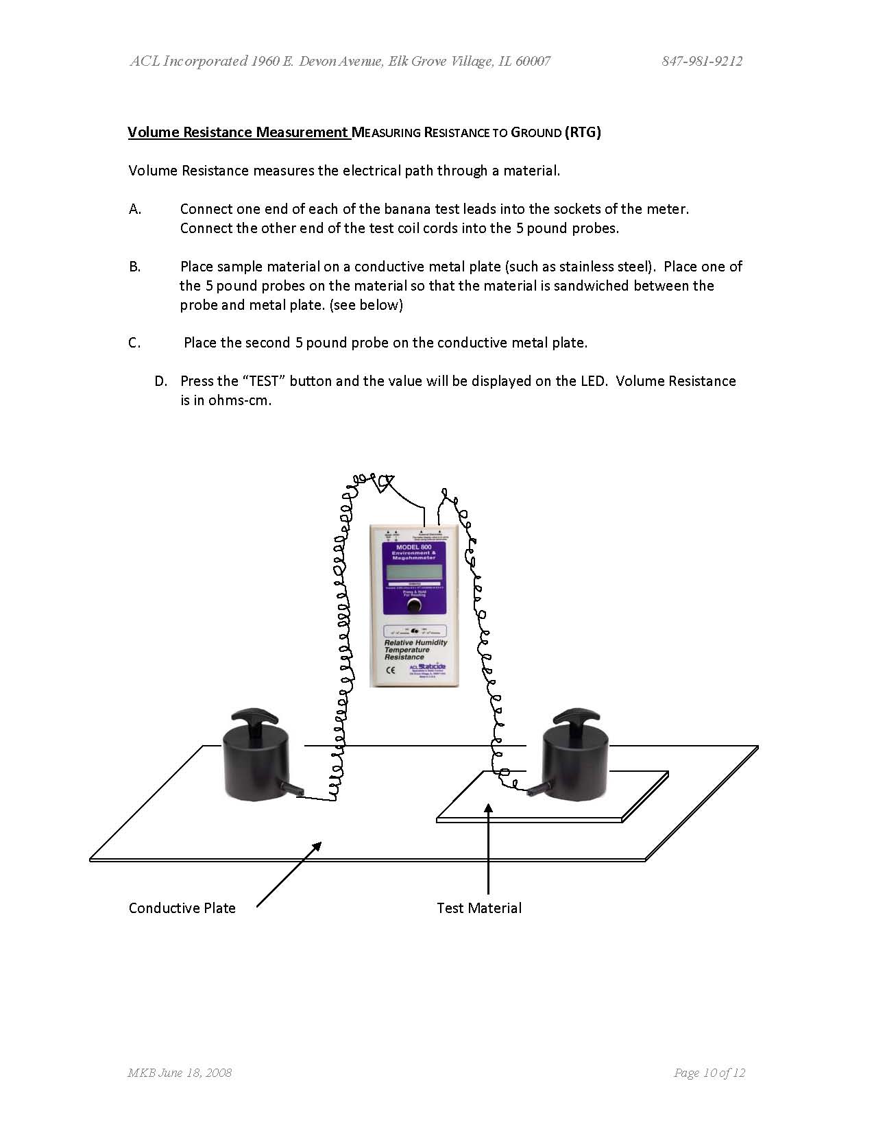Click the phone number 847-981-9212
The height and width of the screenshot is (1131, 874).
click(x=702, y=61)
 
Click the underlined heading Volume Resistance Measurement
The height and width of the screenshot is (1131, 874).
click(x=238, y=132)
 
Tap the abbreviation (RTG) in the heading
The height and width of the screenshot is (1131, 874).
click(x=583, y=132)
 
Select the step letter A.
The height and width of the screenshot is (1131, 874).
click(x=135, y=209)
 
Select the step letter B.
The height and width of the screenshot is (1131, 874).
click(x=135, y=267)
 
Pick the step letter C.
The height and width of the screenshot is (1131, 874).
click(x=135, y=343)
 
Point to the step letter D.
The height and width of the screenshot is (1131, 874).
click(x=161, y=381)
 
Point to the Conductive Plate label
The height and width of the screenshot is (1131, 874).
click(x=182, y=908)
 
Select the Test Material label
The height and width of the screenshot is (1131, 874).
click(x=479, y=908)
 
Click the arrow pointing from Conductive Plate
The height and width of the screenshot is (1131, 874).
click(x=289, y=874)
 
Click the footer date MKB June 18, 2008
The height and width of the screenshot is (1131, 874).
click(x=180, y=1073)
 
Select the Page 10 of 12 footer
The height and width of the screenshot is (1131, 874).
click(x=709, y=1073)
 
